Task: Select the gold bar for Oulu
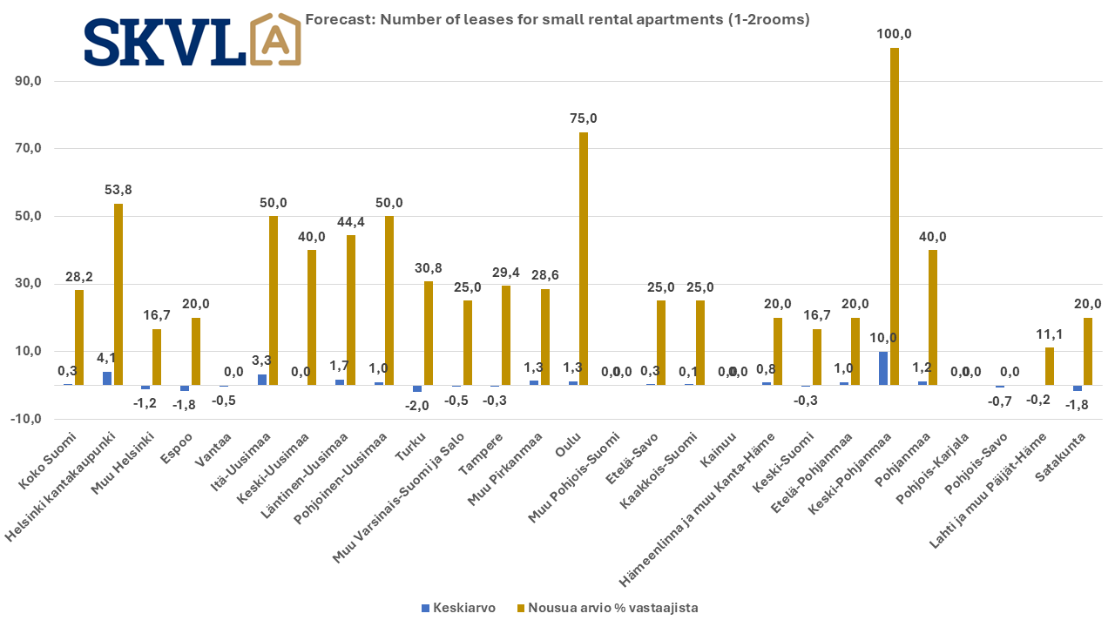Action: coord(584,259)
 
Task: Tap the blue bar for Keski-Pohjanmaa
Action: coord(884,368)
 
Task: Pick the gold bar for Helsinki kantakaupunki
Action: coord(118,294)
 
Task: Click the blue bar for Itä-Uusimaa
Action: coord(262,380)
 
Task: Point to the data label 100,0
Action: coord(895,34)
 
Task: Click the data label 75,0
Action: coord(584,118)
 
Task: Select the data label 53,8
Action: coord(118,189)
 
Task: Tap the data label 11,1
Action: coord(1050,334)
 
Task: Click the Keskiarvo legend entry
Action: coord(465,608)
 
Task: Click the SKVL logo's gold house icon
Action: coord(275,40)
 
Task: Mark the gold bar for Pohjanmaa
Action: coord(933,317)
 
